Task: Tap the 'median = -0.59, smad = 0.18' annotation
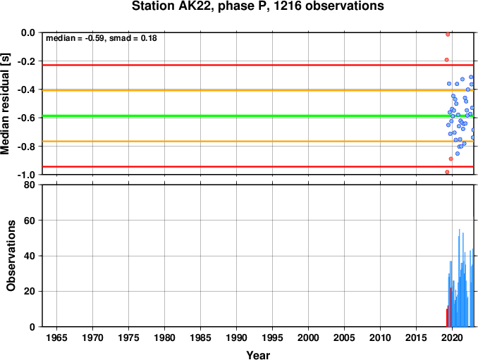pos(102,38)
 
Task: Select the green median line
pos(258,116)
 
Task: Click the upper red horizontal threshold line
pos(258,66)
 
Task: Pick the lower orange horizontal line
pos(258,142)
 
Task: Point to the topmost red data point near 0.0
pos(448,35)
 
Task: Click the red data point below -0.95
pos(447,172)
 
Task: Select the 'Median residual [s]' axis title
pos(5,104)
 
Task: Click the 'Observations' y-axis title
pos(11,256)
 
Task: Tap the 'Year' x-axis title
pos(258,355)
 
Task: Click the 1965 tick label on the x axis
pos(56,337)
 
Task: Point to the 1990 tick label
pos(237,337)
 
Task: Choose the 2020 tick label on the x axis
pos(452,337)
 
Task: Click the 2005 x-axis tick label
pos(345,337)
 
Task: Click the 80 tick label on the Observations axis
pos(30,185)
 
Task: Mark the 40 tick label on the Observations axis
pos(30,256)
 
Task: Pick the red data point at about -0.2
pos(446,60)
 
